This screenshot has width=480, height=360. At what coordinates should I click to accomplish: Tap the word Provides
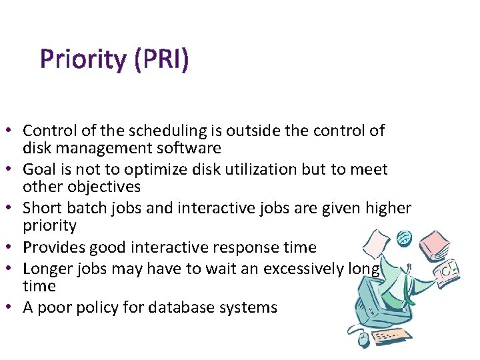click(x=52, y=247)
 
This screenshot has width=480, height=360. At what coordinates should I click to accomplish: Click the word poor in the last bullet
click(x=56, y=307)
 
